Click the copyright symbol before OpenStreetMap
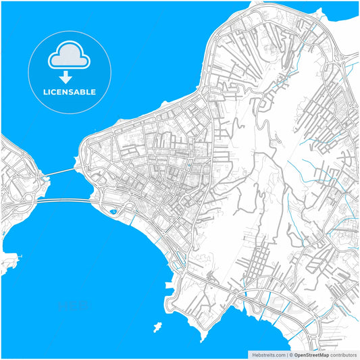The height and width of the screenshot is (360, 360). [x=291, y=355]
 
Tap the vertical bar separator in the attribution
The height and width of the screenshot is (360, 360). [x=286, y=355]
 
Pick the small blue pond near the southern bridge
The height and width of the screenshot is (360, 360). [x=112, y=211]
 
